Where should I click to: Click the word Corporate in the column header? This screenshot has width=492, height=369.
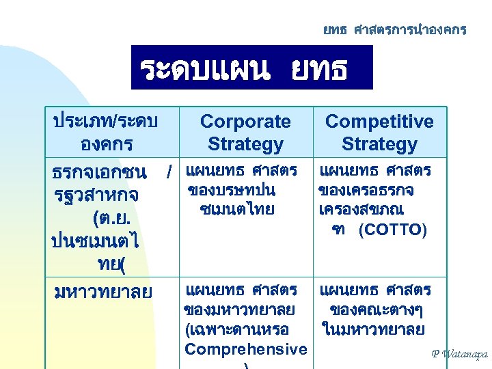(x=245, y=122)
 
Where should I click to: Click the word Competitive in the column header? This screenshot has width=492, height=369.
(x=379, y=122)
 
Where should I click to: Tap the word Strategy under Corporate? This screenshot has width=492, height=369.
(x=245, y=144)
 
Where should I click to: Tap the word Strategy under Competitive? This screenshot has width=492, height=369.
(x=379, y=144)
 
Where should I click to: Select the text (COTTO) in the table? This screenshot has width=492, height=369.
(x=393, y=230)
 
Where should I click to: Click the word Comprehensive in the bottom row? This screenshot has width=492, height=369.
(x=246, y=349)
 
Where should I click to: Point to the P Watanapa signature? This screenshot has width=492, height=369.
(x=460, y=354)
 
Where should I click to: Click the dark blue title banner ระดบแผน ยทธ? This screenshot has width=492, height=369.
(x=252, y=67)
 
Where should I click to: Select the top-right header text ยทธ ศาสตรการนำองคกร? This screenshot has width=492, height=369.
(x=395, y=30)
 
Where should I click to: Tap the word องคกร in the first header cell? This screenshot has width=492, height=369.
(x=105, y=144)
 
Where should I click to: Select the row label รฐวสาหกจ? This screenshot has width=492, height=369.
(x=96, y=195)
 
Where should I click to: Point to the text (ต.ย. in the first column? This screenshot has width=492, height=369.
(x=110, y=219)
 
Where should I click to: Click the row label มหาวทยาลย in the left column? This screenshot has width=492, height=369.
(x=102, y=292)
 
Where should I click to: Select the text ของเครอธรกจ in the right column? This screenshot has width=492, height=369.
(x=371, y=189)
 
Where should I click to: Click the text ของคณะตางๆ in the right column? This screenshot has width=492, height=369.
(x=375, y=310)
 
